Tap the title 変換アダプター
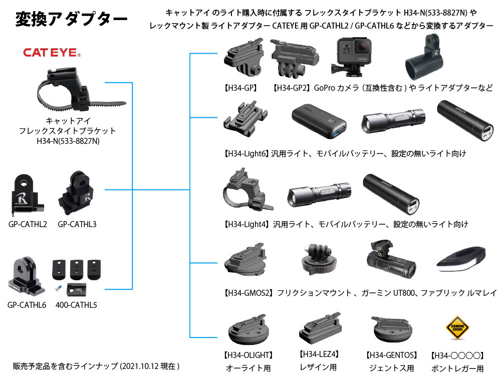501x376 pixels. click(71, 20)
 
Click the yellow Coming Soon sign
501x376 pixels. click(457, 329)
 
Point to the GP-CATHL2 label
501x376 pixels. click(28, 224)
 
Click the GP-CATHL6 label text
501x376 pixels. click(27, 305)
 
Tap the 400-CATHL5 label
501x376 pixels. click(76, 305)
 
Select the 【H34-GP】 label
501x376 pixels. click(240, 88)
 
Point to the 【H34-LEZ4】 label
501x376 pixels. click(319, 354)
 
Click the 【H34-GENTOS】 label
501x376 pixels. click(392, 355)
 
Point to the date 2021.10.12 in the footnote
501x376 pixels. click(145, 366)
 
